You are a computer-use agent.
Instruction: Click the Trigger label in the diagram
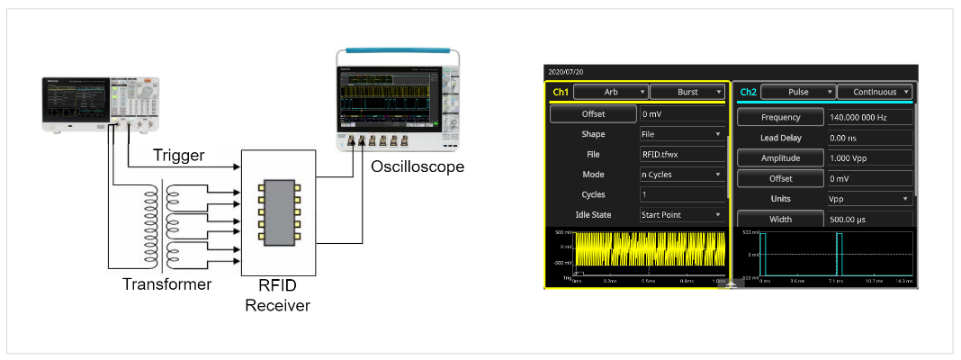click(x=178, y=155)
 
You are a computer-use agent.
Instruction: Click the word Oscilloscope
click(x=417, y=166)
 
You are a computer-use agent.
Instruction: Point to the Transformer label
click(x=167, y=284)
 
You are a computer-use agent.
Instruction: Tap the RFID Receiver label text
click(x=278, y=295)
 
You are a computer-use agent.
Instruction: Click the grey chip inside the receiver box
click(x=278, y=212)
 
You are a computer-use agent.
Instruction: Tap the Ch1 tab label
click(x=561, y=92)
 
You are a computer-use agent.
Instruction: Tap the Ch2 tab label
click(x=748, y=92)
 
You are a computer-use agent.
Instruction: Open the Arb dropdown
click(x=611, y=92)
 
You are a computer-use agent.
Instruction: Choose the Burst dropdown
click(x=687, y=92)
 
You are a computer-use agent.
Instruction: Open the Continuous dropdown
click(x=875, y=92)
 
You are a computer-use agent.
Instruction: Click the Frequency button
click(x=780, y=118)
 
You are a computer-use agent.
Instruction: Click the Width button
click(x=780, y=220)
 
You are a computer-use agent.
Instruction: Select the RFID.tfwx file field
click(x=682, y=154)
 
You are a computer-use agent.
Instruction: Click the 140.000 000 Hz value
click(x=869, y=118)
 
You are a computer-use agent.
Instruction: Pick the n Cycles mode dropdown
click(x=682, y=174)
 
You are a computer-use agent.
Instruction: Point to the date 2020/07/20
click(x=565, y=71)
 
